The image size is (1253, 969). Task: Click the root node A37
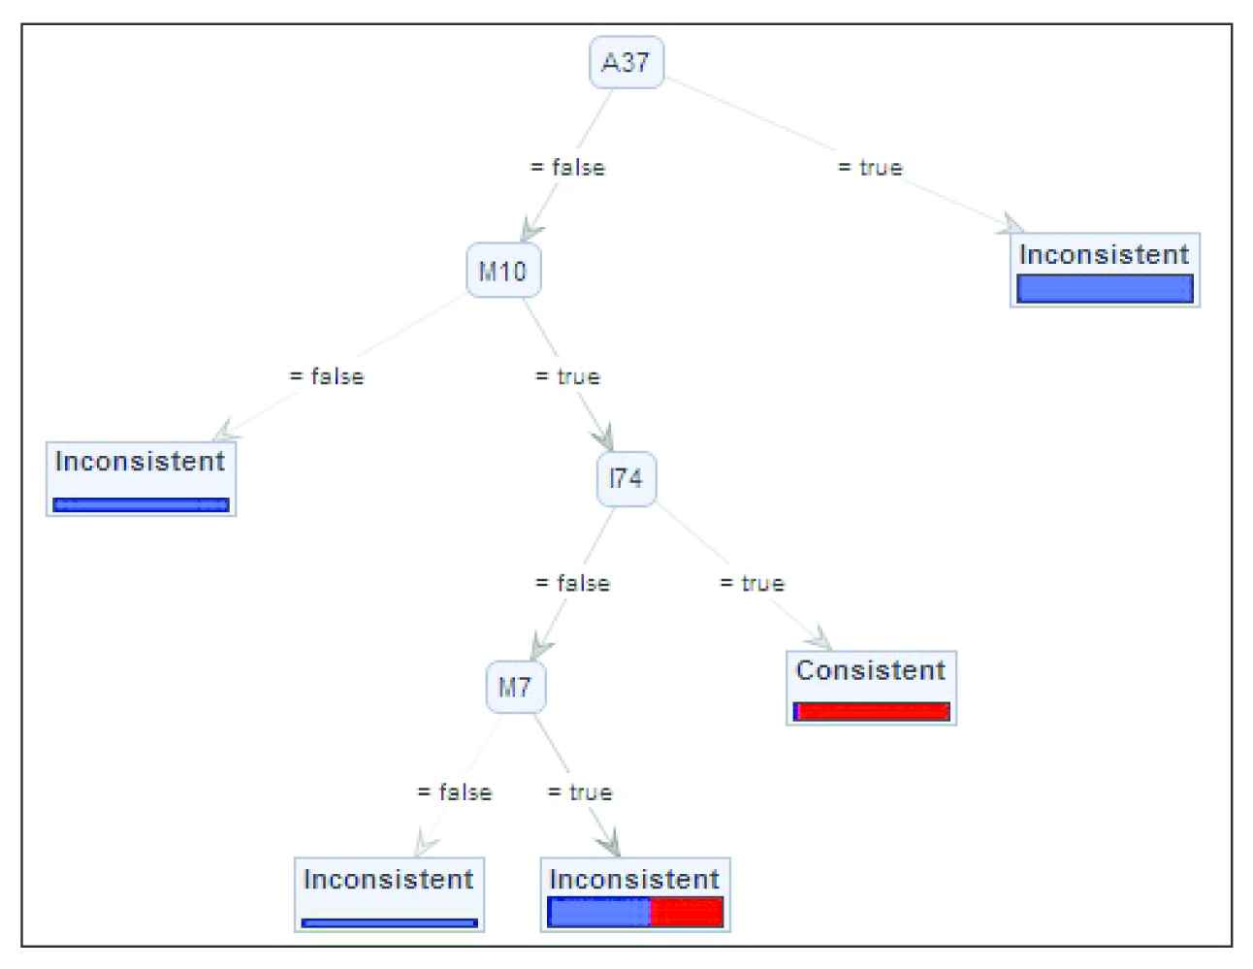tap(626, 63)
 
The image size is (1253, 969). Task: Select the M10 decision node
tap(503, 271)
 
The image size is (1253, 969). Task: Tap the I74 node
tap(626, 478)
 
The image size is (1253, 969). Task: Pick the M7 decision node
tap(515, 688)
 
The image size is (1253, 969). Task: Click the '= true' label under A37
tap(870, 168)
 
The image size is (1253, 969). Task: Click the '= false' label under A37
tap(567, 168)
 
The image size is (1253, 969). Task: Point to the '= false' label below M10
tap(327, 376)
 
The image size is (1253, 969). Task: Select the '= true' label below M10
tap(567, 376)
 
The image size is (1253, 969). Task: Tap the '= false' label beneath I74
tap(572, 584)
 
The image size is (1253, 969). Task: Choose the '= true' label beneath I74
tap(752, 584)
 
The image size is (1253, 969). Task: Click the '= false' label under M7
tap(454, 792)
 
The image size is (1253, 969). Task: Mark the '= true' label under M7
tap(580, 792)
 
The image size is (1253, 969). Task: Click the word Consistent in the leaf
tap(871, 670)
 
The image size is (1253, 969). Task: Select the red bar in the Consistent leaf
tap(873, 712)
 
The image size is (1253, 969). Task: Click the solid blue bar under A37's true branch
tap(1105, 289)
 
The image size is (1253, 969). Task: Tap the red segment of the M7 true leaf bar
tap(687, 913)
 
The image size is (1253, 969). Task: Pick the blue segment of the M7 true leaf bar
tap(599, 913)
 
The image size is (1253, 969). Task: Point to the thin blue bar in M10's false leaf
tap(142, 504)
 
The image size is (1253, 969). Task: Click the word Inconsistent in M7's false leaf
tap(389, 880)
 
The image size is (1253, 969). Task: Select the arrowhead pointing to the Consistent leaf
tap(821, 641)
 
